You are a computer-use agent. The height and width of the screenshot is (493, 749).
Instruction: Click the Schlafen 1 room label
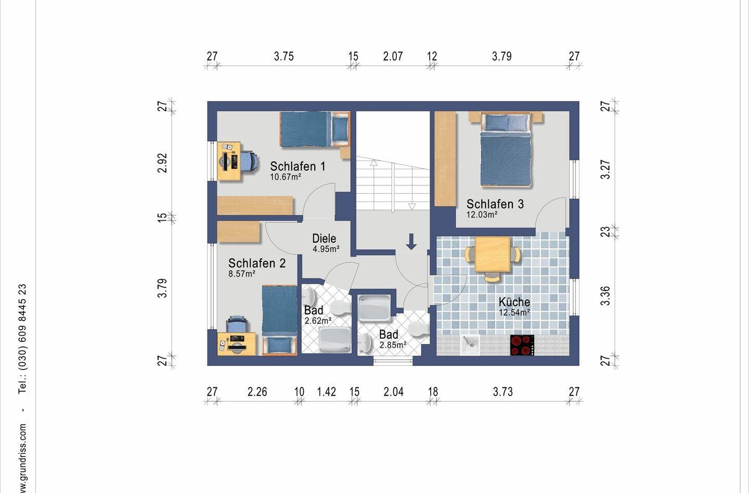[298, 167]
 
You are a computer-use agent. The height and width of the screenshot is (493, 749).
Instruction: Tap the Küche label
[514, 302]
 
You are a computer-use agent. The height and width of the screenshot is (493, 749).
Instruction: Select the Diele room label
[324, 238]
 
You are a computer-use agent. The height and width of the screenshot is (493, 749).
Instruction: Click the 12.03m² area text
[482, 214]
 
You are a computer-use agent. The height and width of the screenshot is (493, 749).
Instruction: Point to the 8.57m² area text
[242, 273]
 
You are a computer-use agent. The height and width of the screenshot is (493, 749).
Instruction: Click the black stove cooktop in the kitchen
[522, 345]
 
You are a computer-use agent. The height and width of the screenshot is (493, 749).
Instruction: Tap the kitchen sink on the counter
[470, 345]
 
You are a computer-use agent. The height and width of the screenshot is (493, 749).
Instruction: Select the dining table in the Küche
[493, 255]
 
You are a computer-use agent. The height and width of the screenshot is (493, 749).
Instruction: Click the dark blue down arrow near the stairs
[411, 242]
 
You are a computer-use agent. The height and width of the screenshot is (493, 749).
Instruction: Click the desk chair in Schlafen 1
[249, 162]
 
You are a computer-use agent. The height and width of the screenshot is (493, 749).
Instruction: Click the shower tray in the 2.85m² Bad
[374, 308]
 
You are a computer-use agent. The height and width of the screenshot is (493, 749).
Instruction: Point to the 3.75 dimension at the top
[284, 56]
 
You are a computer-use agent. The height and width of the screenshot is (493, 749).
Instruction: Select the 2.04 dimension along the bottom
[394, 391]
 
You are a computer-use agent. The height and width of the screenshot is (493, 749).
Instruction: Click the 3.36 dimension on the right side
[605, 296]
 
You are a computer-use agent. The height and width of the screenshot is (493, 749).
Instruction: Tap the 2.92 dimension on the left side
[162, 163]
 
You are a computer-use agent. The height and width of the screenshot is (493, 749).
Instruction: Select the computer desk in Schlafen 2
[237, 344]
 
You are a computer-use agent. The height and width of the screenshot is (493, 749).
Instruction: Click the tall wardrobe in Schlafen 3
[445, 159]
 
